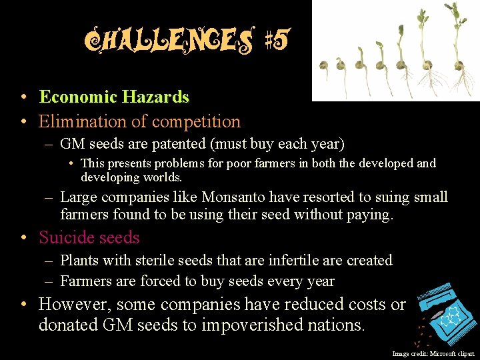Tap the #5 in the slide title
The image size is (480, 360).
pos(277,41)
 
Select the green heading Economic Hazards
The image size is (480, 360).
pos(114,97)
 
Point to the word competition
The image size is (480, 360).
pos(196,122)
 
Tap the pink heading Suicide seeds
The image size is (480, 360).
pos(89,237)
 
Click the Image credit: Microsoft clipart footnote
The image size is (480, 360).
pos(433,354)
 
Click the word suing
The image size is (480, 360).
pos(393,197)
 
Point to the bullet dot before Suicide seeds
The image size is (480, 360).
pos(23,238)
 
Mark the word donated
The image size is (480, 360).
pos(70,325)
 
